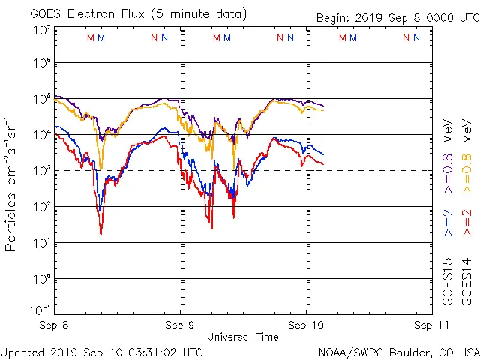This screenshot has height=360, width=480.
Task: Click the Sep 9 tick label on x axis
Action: point(180,325)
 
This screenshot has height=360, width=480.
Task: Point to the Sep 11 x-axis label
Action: point(426,325)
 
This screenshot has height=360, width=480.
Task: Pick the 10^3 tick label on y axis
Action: point(40,171)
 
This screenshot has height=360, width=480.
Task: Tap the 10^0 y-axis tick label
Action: point(40,279)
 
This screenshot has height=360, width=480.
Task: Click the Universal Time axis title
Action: point(242,337)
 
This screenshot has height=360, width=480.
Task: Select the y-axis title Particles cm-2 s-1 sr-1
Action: point(12,183)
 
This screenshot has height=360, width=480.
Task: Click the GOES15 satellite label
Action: point(448,282)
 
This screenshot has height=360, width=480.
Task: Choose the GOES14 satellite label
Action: point(466,282)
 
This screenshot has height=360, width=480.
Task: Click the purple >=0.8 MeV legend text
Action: point(448,154)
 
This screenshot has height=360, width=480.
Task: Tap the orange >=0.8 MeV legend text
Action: point(466,154)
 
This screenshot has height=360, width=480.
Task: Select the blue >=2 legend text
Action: point(448,223)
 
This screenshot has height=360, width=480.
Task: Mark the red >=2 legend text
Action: point(466,223)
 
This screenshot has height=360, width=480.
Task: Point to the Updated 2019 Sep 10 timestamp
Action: point(101,351)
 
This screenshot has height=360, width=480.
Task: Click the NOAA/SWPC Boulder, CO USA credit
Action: point(398,351)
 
